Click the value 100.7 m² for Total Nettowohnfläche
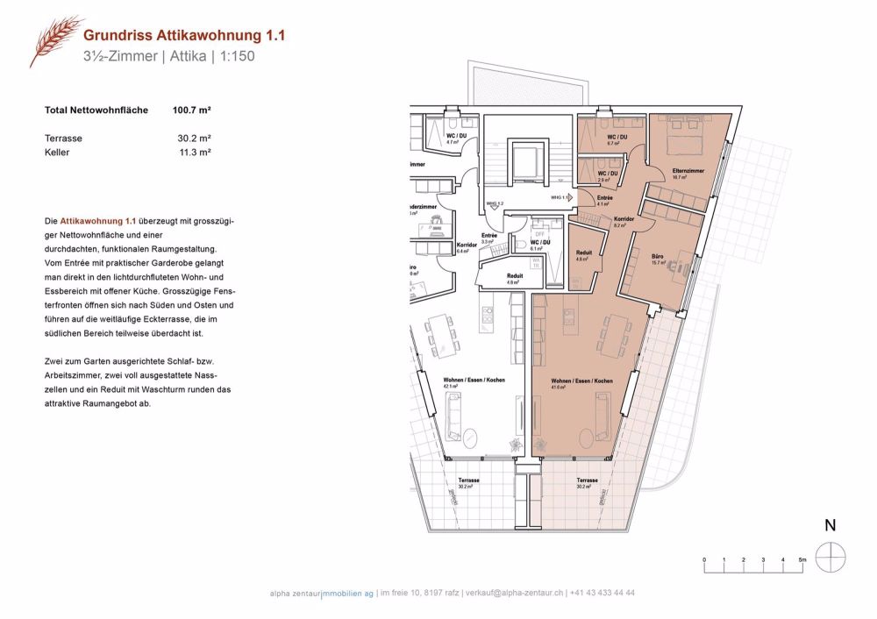coord(192,111)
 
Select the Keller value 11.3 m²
coord(195,152)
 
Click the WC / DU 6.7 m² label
coord(617,140)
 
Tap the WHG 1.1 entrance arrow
coord(569,198)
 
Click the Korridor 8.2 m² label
coord(624,222)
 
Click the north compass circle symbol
coord(829,557)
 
